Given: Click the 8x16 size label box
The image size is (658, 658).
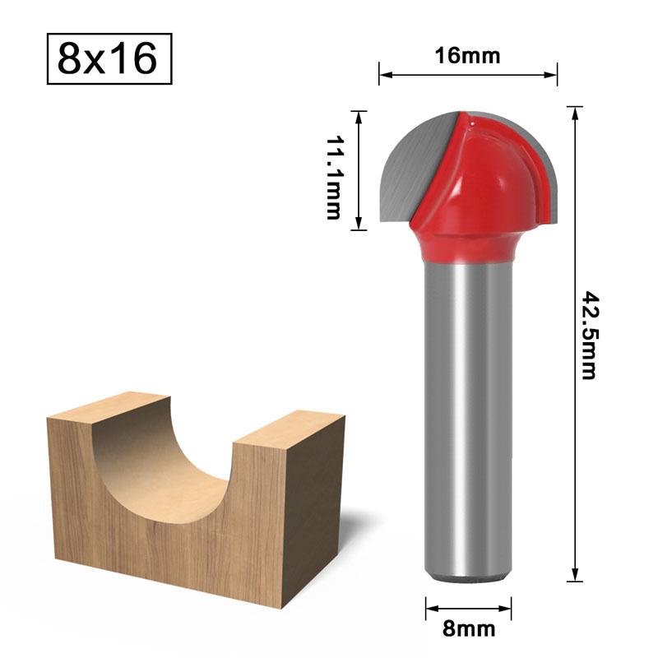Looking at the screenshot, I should tap(109, 59).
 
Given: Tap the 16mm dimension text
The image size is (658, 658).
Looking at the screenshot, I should tap(467, 56).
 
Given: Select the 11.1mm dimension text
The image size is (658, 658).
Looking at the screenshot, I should tap(332, 178).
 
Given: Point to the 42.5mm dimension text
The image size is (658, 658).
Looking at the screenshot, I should tap(588, 334).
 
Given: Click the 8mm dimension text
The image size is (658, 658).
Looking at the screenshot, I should tap(468, 629).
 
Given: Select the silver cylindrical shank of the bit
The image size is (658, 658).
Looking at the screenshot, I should tap(467, 411).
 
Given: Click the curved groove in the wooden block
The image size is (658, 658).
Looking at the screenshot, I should tap(164, 461).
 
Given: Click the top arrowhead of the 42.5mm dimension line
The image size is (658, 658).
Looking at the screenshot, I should tap(574, 111).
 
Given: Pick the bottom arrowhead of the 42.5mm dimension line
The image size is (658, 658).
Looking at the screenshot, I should tap(574, 577).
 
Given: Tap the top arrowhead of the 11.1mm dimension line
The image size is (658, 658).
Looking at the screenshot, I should tap(359, 115).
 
